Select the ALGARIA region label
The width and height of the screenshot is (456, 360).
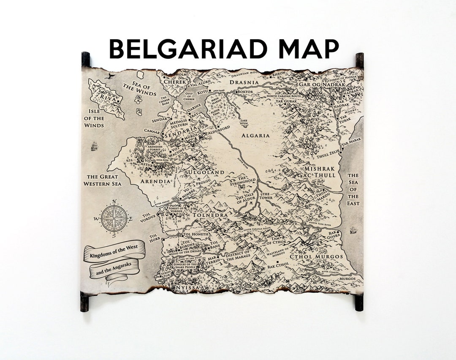coord(255,136)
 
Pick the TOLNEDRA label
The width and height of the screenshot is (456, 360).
coord(210,215)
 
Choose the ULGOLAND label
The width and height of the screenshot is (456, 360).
coord(206,172)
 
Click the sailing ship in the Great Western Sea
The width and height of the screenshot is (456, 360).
coord(94,146)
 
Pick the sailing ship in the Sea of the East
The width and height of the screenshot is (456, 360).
coord(353,230)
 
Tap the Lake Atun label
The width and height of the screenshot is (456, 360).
coord(244,121)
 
